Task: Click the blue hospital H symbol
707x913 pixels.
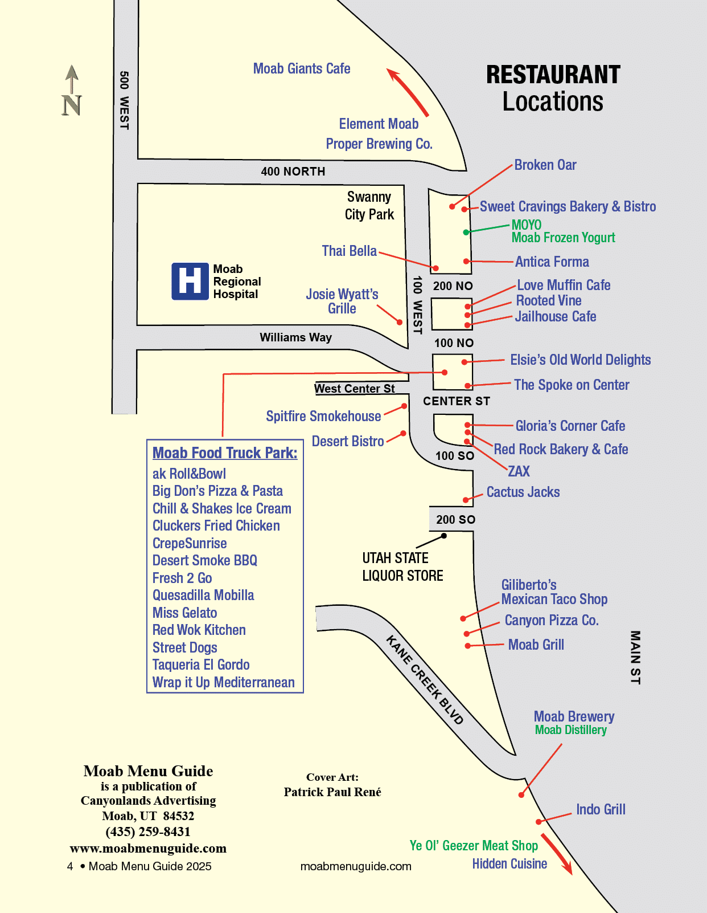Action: click(x=190, y=281)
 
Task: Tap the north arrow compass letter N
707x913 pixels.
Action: click(x=72, y=105)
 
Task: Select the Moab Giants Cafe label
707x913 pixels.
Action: click(x=302, y=69)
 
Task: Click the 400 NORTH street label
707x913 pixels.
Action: click(x=293, y=172)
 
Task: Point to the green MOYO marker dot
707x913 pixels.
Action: click(x=466, y=232)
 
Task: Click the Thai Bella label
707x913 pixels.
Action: click(x=349, y=251)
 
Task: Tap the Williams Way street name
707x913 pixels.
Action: click(x=295, y=337)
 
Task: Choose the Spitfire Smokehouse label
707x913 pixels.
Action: click(x=323, y=417)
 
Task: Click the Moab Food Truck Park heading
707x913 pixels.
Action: click(x=225, y=453)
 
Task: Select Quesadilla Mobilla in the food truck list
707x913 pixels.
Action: click(x=203, y=596)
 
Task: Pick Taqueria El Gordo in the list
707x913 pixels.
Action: click(x=201, y=665)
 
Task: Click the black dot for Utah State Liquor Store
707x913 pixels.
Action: click(x=444, y=536)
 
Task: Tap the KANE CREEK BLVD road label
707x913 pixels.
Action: click(x=425, y=679)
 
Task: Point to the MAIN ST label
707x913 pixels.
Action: click(x=635, y=657)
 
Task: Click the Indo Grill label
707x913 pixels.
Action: click(x=601, y=810)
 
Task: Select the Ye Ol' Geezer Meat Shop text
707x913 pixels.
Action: click(x=474, y=846)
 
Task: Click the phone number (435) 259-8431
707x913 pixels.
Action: click(x=148, y=832)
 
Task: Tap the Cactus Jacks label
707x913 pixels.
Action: click(x=523, y=492)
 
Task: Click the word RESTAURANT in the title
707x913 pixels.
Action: click(x=553, y=75)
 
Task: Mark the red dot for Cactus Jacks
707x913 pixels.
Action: click(x=465, y=500)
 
